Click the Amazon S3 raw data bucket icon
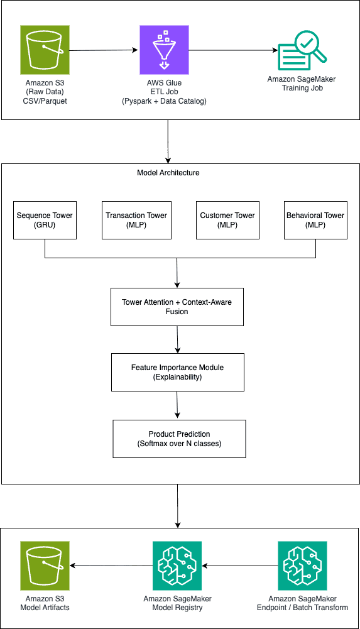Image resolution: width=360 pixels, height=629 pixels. (x=45, y=50)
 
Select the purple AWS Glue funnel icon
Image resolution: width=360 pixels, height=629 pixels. (x=164, y=50)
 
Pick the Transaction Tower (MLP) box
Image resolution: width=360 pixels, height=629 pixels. (x=136, y=220)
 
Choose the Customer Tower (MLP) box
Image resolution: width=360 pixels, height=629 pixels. (x=227, y=220)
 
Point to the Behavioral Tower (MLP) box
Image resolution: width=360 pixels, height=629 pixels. (x=315, y=220)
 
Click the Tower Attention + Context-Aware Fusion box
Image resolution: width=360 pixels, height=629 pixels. (x=177, y=307)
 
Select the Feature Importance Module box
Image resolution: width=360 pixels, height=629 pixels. (x=178, y=372)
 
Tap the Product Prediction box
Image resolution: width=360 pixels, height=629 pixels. (x=179, y=439)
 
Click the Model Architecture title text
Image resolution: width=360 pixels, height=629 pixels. (x=168, y=173)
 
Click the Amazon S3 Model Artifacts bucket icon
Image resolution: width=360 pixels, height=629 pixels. (x=45, y=566)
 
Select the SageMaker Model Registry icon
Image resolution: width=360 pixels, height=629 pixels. (x=177, y=566)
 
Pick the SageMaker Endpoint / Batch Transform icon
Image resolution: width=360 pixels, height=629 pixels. (x=302, y=566)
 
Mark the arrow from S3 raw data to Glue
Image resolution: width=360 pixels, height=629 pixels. (x=104, y=50)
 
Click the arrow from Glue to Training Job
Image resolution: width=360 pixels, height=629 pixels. (x=233, y=50)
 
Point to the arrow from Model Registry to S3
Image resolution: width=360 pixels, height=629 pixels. (x=111, y=566)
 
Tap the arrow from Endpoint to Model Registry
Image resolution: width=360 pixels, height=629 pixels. (x=240, y=566)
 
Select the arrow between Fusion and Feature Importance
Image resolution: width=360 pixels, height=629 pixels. (x=177, y=339)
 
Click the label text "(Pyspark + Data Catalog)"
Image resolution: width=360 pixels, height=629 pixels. (x=164, y=101)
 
